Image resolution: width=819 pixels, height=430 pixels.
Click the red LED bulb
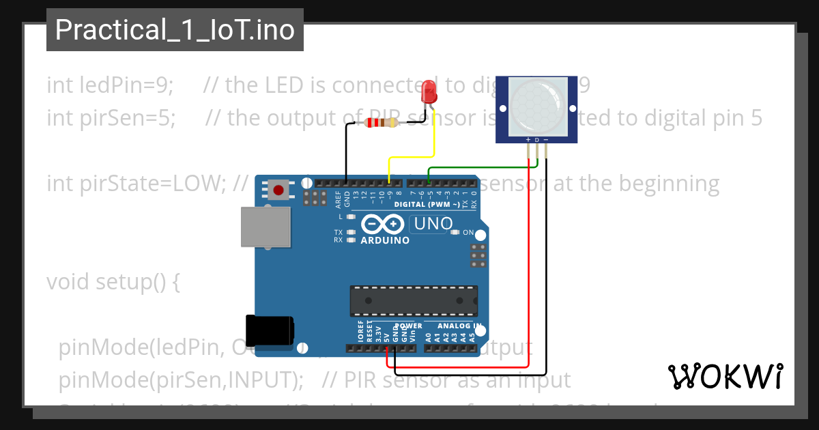[x=429, y=91]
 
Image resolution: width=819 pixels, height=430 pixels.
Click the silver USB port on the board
[x=266, y=227]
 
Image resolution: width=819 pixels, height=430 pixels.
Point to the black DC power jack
[x=270, y=330]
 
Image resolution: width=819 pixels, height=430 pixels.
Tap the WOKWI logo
[x=725, y=376]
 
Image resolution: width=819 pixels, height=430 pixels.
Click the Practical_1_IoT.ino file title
[x=175, y=30]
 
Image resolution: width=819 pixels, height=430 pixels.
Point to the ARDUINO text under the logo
[x=385, y=240]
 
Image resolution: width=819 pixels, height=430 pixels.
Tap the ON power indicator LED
[x=455, y=233]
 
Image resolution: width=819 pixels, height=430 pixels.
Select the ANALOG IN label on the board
[x=459, y=326]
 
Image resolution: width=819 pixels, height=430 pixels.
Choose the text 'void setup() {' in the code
[x=113, y=281]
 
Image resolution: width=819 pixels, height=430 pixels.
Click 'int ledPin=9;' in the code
[x=110, y=85]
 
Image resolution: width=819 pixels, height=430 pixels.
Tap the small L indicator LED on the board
[x=351, y=217]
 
